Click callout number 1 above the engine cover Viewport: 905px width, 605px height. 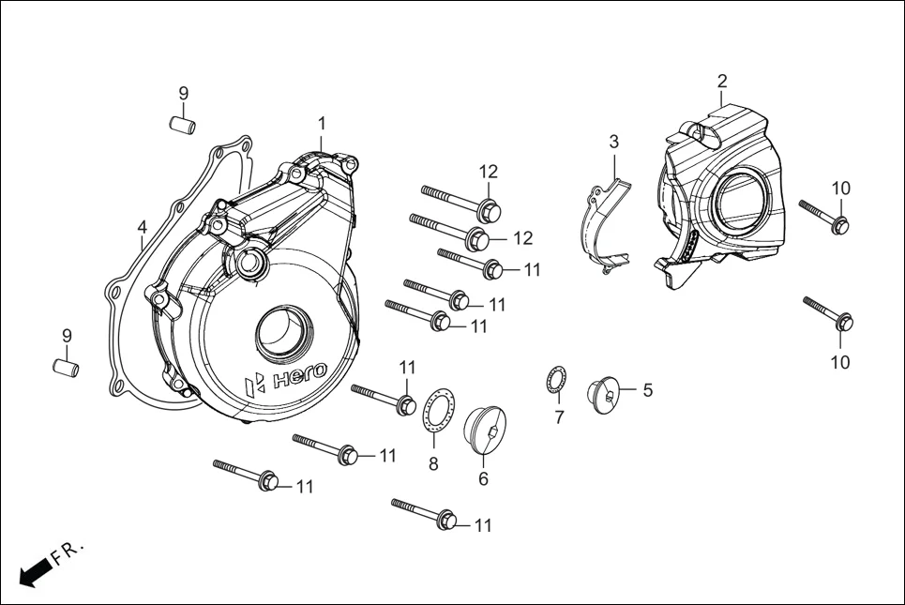(322, 124)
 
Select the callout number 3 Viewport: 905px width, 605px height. (614, 142)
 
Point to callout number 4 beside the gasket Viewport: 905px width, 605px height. (142, 228)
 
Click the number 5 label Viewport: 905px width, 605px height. (647, 389)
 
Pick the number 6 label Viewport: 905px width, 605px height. (484, 478)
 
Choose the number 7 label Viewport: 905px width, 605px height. (559, 417)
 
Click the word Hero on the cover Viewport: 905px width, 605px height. (298, 375)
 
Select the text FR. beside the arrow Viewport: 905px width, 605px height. (68, 552)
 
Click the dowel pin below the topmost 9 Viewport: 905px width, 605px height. (183, 123)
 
